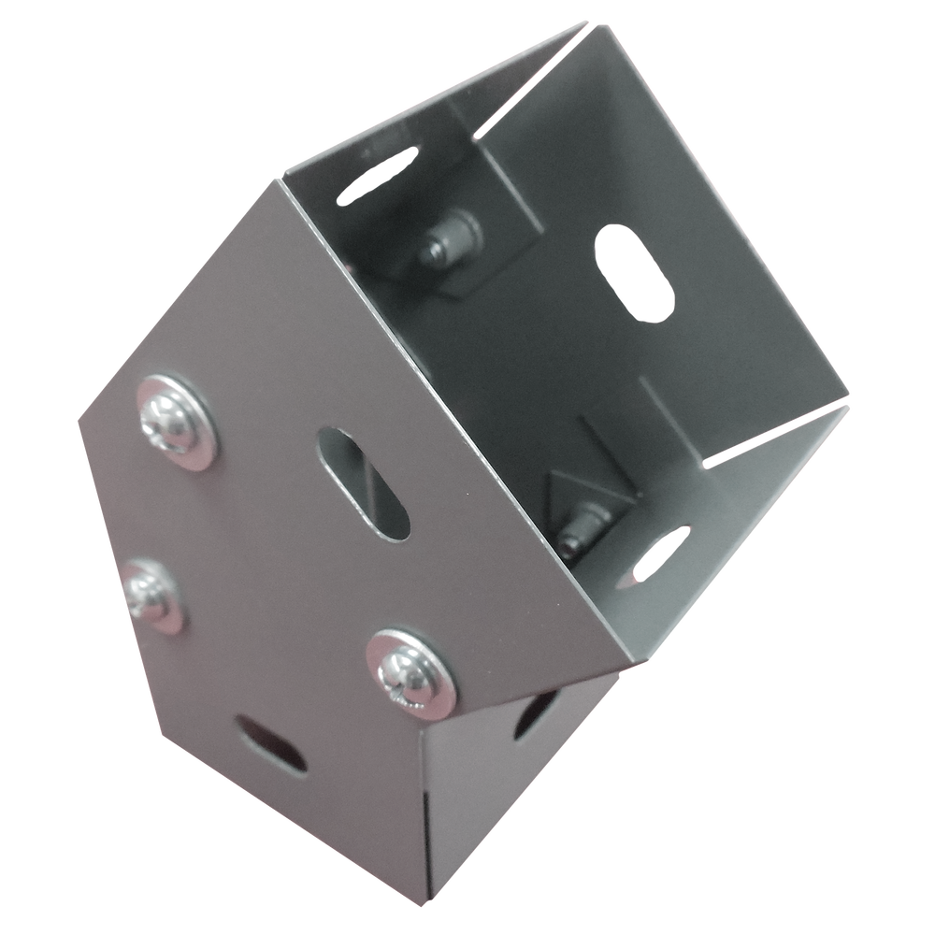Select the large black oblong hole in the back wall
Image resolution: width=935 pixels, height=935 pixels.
pos(636,271)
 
